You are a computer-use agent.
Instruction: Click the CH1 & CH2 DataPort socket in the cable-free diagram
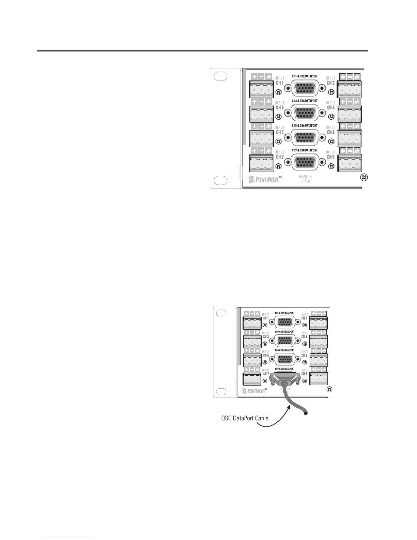tap(305, 88)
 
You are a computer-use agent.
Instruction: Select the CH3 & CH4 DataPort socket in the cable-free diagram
tap(305, 113)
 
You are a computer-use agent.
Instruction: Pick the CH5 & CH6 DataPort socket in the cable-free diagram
tap(305, 137)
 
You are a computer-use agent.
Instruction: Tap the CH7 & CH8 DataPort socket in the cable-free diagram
tap(305, 162)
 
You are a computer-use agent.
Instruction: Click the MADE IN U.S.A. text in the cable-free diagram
tap(305, 179)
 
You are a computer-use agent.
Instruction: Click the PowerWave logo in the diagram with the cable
tap(254, 391)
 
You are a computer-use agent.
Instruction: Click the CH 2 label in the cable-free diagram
tap(330, 83)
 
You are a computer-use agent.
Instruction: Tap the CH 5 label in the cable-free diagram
tap(280, 132)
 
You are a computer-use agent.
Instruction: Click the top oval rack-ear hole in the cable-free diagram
tap(221, 76)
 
